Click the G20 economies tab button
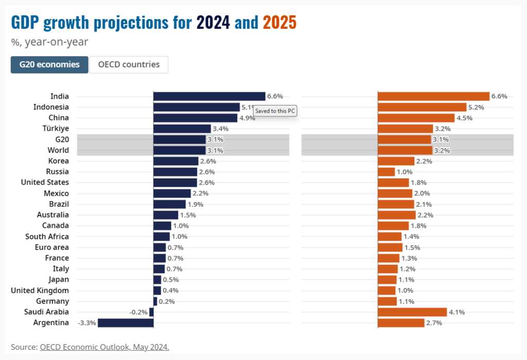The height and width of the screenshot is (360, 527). point(49,65)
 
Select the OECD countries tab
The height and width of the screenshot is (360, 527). point(129,65)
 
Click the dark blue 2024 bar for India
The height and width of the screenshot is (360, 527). point(209,96)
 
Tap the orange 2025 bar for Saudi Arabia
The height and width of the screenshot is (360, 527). point(412,312)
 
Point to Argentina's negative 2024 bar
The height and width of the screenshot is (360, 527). point(126,323)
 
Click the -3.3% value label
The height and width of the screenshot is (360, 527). point(86,323)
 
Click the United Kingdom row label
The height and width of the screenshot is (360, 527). point(40,291)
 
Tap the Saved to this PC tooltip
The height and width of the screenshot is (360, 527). point(276,111)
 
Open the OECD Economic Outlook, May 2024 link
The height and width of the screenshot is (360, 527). point(104,347)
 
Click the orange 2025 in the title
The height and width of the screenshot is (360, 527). point(279,23)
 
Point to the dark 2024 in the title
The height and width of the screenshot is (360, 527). point(213,23)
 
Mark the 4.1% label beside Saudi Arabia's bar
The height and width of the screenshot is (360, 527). point(456,312)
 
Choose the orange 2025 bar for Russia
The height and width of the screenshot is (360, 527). point(387,172)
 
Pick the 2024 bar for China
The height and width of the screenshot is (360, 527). point(196,118)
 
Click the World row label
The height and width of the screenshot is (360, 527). point(59,150)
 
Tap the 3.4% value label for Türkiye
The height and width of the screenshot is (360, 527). point(220,129)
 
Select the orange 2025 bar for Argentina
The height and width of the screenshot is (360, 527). point(401,323)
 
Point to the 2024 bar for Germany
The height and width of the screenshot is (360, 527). point(155,301)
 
